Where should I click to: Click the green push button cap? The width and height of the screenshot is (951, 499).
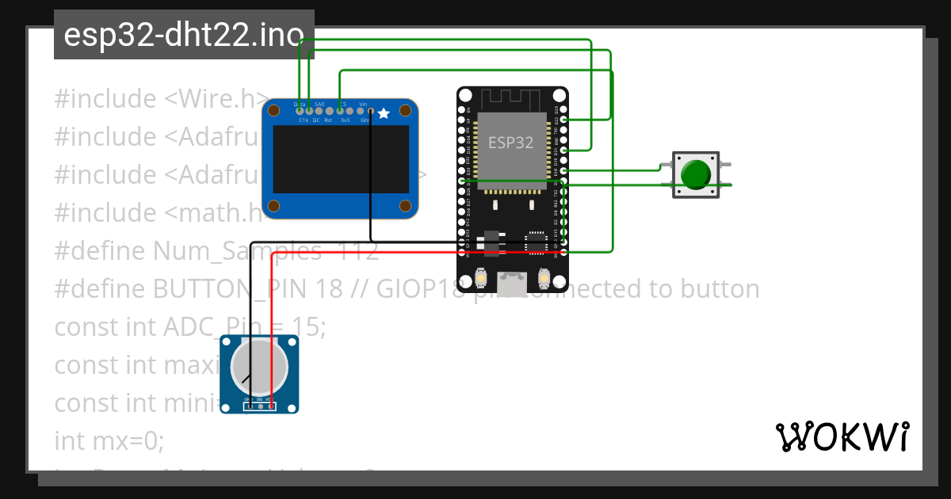pyautogui.click(x=696, y=174)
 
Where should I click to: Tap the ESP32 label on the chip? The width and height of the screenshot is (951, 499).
pyautogui.click(x=510, y=143)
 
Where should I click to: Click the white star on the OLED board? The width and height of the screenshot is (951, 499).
pyautogui.click(x=384, y=114)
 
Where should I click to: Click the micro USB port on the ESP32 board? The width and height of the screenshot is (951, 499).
pyautogui.click(x=513, y=284)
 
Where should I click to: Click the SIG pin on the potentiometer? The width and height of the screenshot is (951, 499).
pyautogui.click(x=260, y=406)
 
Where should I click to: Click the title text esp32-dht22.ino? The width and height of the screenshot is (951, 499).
pyautogui.click(x=183, y=35)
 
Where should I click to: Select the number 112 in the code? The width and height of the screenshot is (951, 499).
pyautogui.click(x=357, y=251)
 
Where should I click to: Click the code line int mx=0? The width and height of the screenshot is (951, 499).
pyautogui.click(x=109, y=440)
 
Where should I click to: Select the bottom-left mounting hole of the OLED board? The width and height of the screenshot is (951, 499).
pyautogui.click(x=273, y=207)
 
